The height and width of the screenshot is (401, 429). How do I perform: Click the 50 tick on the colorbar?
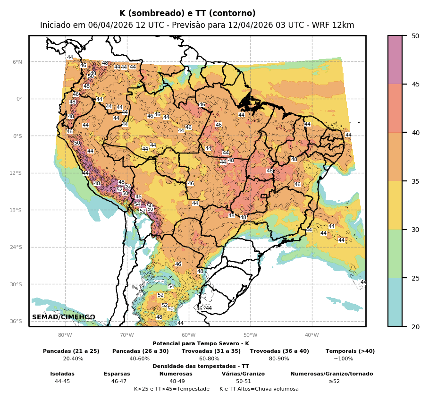point(415,36)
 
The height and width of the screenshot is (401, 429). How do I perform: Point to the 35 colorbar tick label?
point(415,181)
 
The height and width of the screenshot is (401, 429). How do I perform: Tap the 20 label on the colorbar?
point(415,326)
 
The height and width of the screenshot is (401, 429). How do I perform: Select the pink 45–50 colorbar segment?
point(395,60)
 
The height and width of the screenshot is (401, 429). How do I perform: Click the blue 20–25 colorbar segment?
point(395,302)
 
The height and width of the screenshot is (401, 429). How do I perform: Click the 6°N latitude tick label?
point(17,62)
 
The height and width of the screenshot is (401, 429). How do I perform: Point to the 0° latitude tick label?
point(19,99)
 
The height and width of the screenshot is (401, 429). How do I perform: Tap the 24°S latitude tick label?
point(17,247)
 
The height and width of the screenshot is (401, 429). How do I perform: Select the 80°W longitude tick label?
point(65,335)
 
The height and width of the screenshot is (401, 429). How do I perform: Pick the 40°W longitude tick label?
point(311,335)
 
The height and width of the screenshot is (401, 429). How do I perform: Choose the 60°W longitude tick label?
point(188,335)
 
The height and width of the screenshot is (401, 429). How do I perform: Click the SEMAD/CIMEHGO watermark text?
point(64,317)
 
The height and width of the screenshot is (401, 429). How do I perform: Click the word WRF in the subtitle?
point(325,26)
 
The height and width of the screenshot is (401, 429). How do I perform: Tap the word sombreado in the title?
point(151,14)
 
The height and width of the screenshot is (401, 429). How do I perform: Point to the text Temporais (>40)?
point(350,351)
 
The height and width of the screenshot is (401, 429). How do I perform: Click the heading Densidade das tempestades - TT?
point(201,366)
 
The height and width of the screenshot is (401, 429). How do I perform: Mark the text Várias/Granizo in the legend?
point(243,374)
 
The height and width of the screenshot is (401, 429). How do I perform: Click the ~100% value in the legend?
point(343,358)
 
